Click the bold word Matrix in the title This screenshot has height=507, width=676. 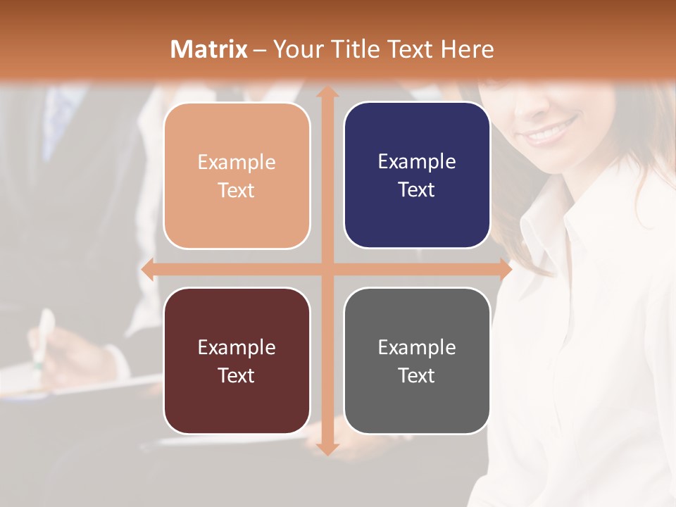[x=209, y=49]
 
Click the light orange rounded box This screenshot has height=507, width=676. [x=237, y=175]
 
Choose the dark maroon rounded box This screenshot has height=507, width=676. [x=237, y=361]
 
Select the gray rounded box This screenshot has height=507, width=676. [x=417, y=361]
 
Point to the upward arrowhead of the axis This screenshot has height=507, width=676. [x=327, y=94]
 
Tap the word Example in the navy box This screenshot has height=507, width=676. [x=417, y=161]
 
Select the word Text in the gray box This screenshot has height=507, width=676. [x=417, y=375]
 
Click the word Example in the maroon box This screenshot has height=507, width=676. [x=237, y=347]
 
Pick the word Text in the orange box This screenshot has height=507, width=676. [x=237, y=190]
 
